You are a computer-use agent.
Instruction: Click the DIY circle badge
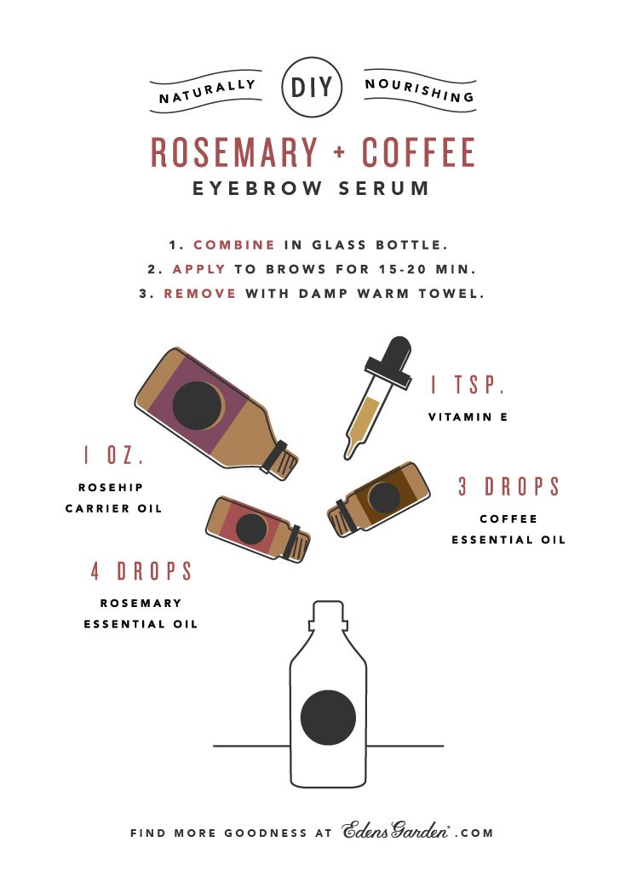pos(312,87)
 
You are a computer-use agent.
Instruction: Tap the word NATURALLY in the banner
pos(207,91)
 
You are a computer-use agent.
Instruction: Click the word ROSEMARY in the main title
pos(234,152)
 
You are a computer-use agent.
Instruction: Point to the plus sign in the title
pos(340,152)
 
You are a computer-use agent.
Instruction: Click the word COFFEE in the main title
pos(418,152)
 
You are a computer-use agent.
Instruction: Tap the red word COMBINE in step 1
pos(234,245)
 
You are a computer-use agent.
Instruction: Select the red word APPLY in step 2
pos(198,269)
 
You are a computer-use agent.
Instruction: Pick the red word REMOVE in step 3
pos(200,294)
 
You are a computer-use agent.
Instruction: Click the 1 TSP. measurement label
pos(468,385)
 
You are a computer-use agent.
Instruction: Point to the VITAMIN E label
pos(468,417)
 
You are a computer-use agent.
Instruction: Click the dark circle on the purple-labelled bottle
pos(197,405)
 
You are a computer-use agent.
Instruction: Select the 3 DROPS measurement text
pos(509,487)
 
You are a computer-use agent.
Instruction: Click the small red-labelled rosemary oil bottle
pos(258,528)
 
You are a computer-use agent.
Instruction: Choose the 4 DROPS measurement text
pos(141,571)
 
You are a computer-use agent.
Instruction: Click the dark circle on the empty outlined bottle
pos(328,718)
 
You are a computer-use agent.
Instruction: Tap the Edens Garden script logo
pos(396,831)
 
